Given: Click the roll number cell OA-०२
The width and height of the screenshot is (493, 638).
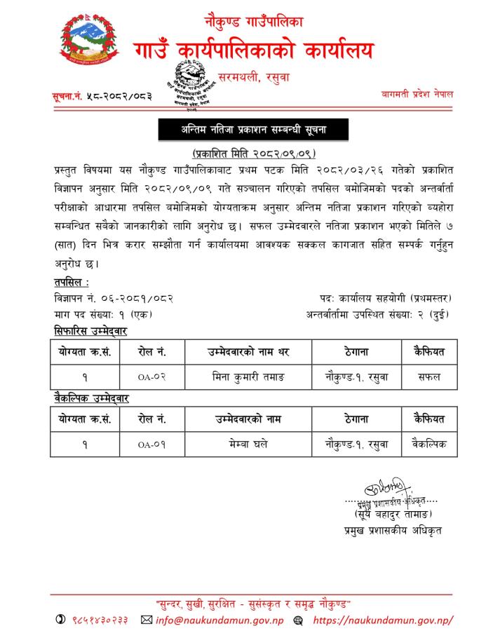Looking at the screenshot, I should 151,376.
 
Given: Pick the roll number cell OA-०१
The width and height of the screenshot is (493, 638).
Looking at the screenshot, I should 151,444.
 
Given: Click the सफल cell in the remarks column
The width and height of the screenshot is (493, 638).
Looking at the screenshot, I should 429,376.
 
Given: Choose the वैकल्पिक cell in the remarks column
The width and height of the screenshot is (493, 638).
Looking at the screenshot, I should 429,444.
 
